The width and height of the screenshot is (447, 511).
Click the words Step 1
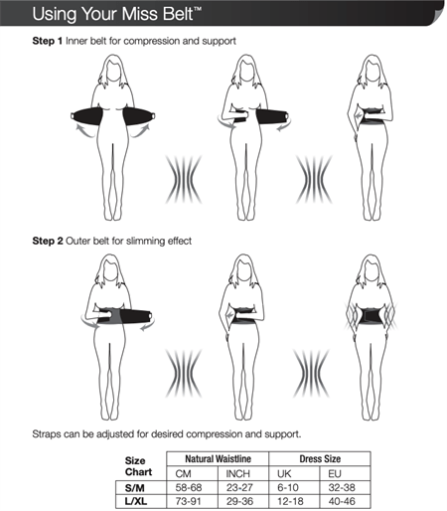click(x=49, y=41)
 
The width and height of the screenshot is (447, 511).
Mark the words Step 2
click(x=49, y=241)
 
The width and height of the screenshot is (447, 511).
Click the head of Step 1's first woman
click(x=117, y=68)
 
